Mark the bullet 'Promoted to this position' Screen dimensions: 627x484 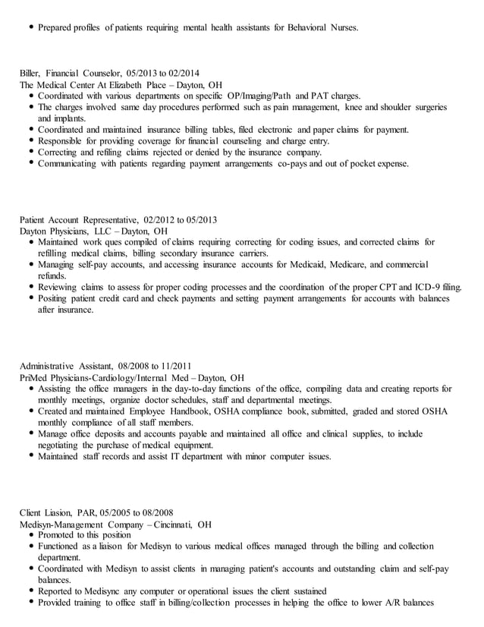[x=85, y=535]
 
